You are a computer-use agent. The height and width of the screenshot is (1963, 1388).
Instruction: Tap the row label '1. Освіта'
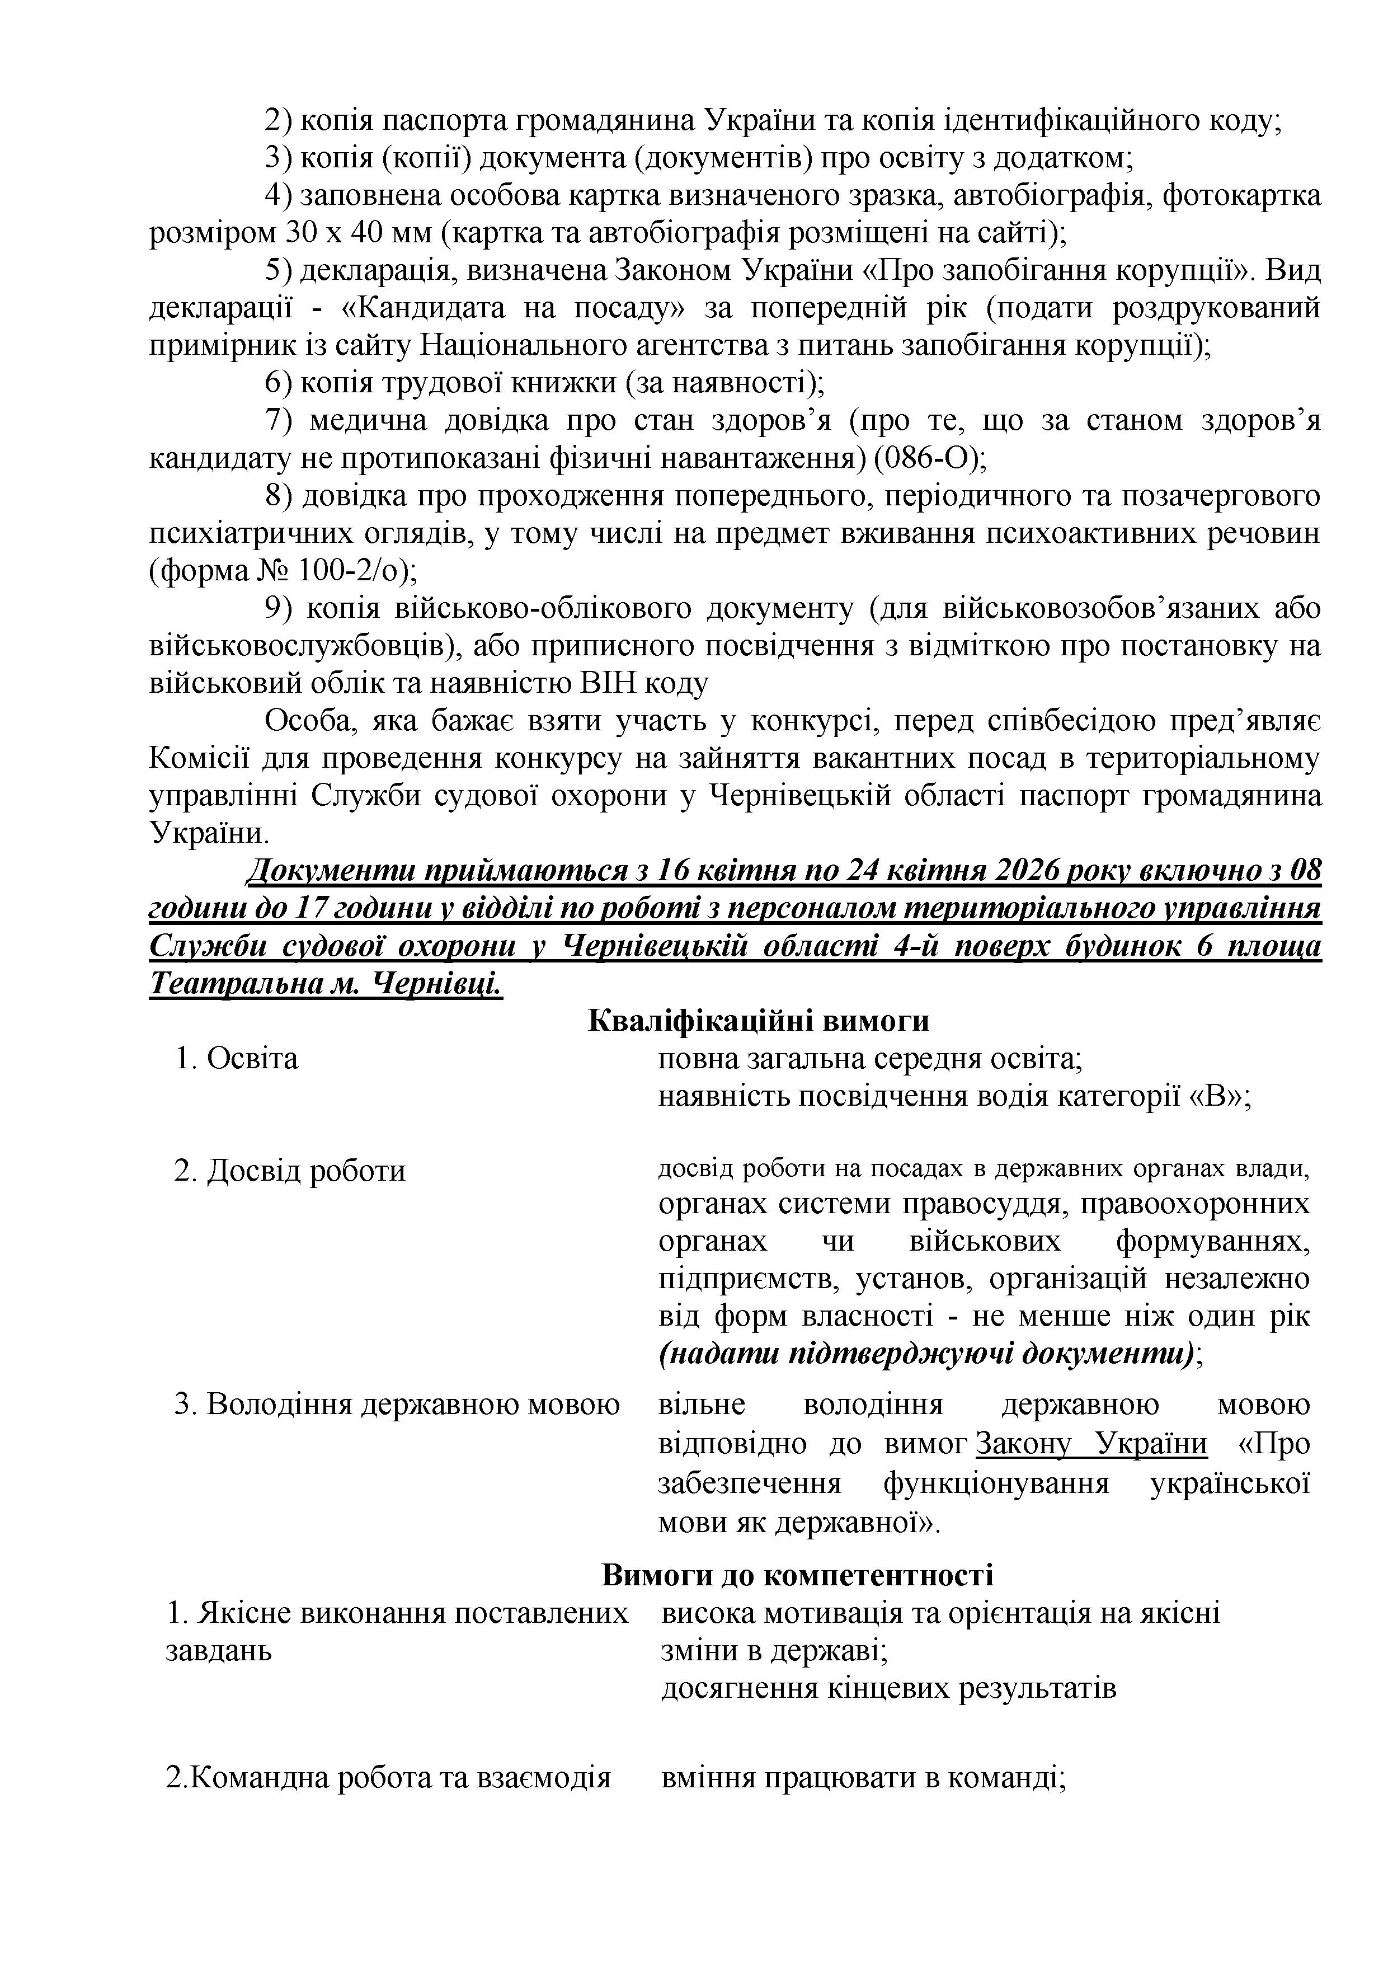pyautogui.click(x=237, y=1059)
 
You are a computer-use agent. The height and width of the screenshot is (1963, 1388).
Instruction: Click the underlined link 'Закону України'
pyautogui.click(x=1091, y=1443)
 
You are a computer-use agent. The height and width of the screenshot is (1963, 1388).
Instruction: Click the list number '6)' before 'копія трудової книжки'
pyautogui.click(x=279, y=383)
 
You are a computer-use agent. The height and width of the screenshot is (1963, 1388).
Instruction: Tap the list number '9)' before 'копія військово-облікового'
pyautogui.click(x=279, y=609)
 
